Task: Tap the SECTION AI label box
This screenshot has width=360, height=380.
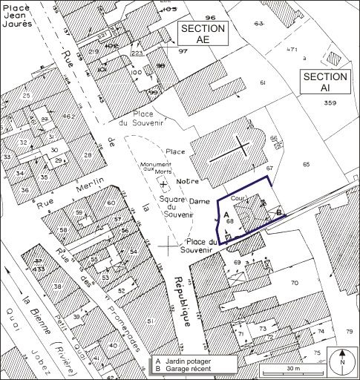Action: (325, 82)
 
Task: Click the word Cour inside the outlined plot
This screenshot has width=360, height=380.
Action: (238, 199)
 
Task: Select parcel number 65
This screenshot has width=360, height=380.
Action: (304, 160)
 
